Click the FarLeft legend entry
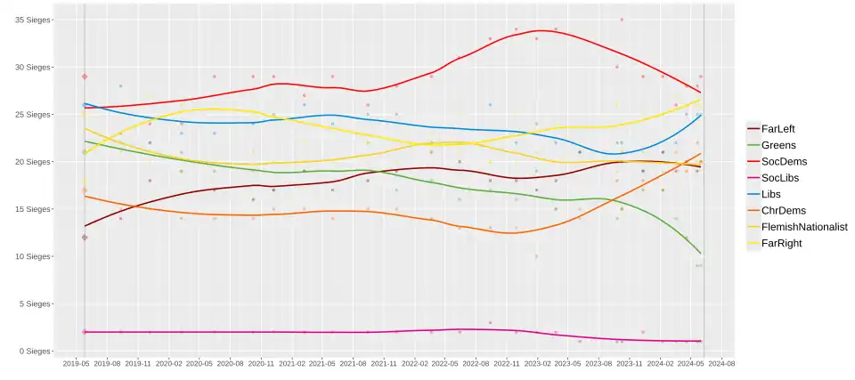tap(778, 129)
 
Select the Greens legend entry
tap(778, 145)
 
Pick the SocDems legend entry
tap(784, 161)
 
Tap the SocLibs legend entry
tap(781, 177)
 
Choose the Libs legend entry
tap(773, 194)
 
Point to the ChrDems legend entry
tap(784, 210)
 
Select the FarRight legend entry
tap(782, 242)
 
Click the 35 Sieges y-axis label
tap(32, 20)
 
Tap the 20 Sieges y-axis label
tap(32, 162)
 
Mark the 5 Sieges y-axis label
tap(34, 304)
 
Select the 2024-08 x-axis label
tap(721, 364)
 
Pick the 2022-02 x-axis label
tap(414, 364)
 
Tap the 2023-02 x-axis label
tap(537, 364)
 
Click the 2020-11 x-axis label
tap(261, 364)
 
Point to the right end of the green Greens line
tap(701, 254)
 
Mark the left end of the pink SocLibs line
tap(85, 332)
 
